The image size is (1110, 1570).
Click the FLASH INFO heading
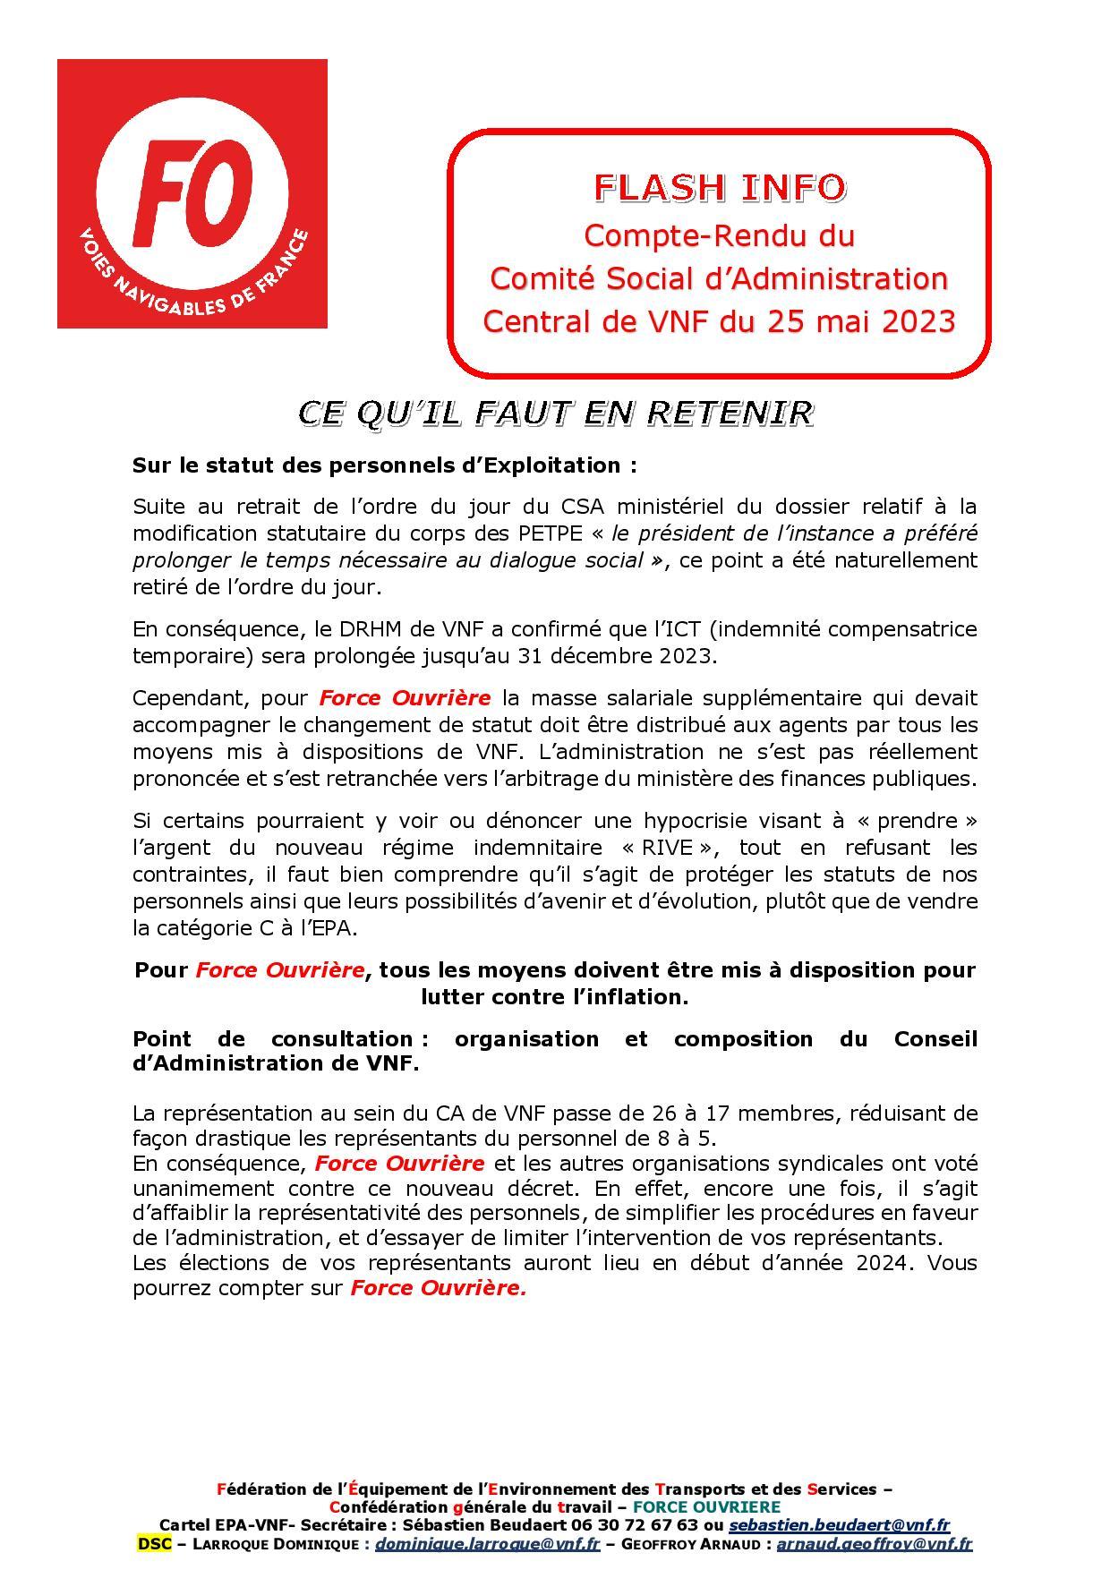click(720, 187)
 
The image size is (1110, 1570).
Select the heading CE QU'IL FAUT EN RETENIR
click(555, 413)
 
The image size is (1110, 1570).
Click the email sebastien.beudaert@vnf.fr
click(839, 1525)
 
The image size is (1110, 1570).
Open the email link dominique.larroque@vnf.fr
click(487, 1544)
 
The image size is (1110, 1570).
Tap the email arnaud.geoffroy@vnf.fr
click(874, 1544)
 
